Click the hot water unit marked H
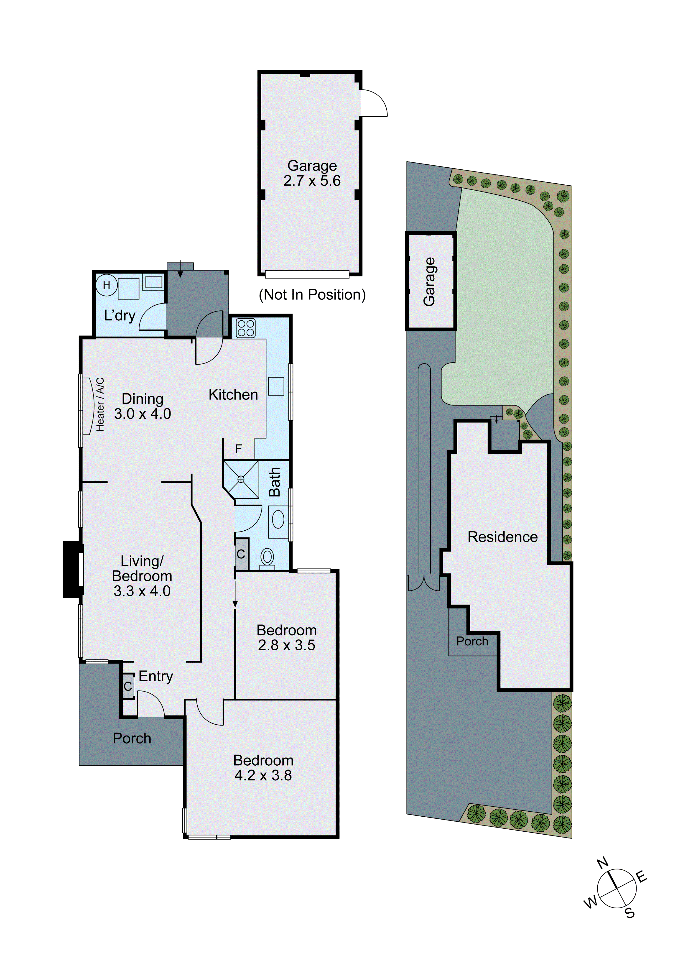[x=106, y=285]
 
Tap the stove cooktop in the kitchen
[x=246, y=328]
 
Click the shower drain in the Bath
[x=241, y=479]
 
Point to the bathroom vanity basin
[x=278, y=520]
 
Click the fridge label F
[x=238, y=449]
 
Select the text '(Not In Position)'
[x=312, y=294]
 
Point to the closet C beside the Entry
[x=128, y=686]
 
